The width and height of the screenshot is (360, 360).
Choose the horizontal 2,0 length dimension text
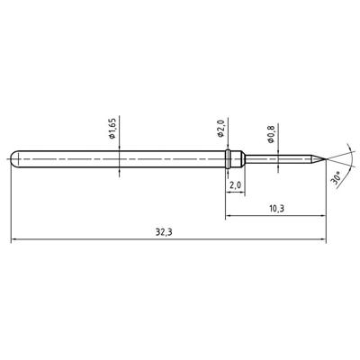[x=235, y=185]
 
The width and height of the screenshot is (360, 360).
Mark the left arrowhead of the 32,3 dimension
[x=13, y=240]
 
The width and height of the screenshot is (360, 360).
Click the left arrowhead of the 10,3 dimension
[x=228, y=216]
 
